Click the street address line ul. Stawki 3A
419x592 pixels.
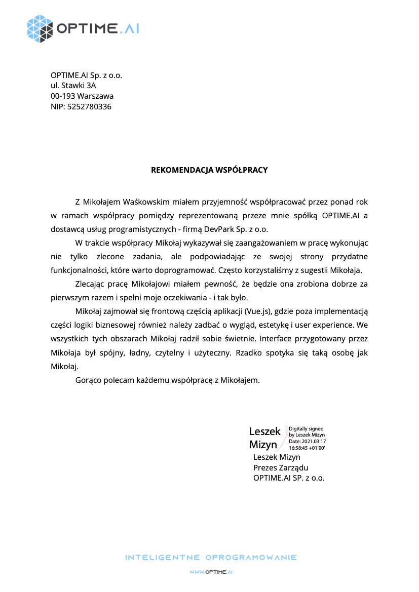[73, 86]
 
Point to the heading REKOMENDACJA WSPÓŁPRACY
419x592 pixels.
[209, 170]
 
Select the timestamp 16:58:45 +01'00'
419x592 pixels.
[307, 448]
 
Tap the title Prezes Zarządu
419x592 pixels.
[281, 467]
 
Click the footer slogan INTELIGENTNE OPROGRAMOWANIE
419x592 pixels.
[211, 558]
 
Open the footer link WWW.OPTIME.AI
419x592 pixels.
[211, 572]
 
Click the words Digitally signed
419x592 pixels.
[306, 428]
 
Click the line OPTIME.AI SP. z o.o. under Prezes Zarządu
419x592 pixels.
[289, 478]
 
